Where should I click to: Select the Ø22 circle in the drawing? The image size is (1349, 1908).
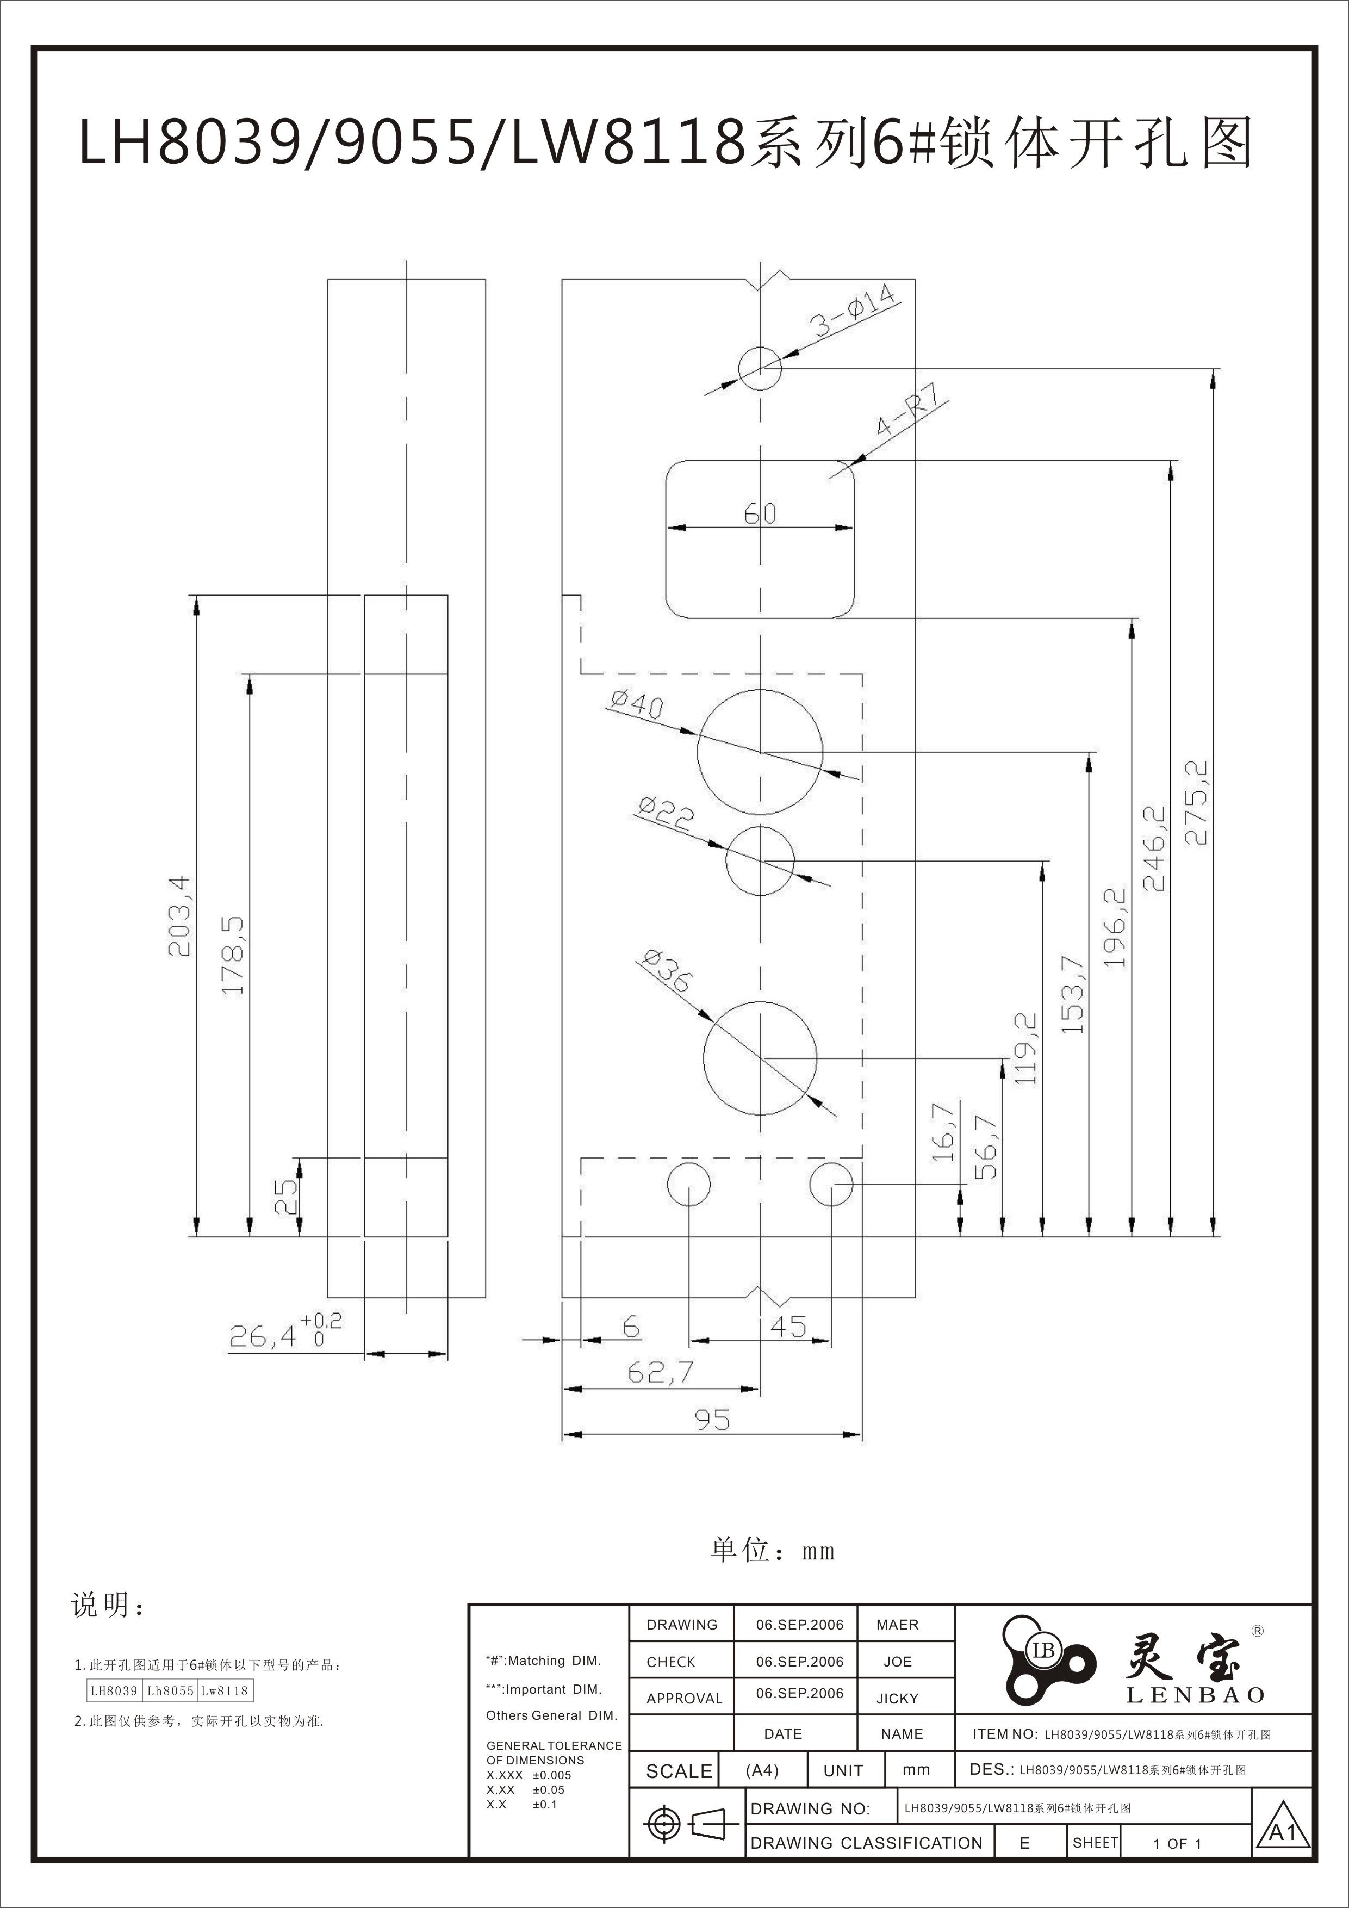(x=760, y=861)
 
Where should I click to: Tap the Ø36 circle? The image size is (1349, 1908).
(x=760, y=1058)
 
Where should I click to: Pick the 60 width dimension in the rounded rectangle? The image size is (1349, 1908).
(x=760, y=513)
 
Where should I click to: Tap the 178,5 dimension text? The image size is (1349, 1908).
(x=233, y=955)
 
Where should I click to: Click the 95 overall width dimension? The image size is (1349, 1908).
(x=712, y=1420)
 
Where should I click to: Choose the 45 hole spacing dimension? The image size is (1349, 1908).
(x=787, y=1326)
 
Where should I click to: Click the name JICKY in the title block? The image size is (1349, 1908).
(x=897, y=1699)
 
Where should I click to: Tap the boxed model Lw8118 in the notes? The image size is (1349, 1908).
(x=224, y=1690)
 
